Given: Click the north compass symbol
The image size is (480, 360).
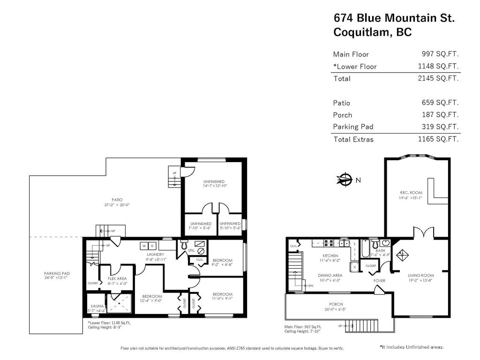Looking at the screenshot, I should click(345, 179).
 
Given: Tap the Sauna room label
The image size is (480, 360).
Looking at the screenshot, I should click(97, 306).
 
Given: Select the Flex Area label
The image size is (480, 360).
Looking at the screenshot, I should click(117, 278).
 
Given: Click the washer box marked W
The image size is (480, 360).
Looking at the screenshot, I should click(144, 246).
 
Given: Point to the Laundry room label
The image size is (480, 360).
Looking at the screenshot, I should click(155, 255).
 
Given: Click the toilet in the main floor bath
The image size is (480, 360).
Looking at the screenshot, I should click(374, 244).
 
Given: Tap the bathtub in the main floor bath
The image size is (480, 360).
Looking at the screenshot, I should click(365, 248).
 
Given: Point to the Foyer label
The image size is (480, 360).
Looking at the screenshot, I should click(379, 281).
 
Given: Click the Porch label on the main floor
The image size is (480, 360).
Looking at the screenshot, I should click(336, 304).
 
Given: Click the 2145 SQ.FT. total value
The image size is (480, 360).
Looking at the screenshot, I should click(438, 78).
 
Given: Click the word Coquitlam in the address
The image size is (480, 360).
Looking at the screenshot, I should click(363, 32).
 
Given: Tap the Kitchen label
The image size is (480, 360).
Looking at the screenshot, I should click(330, 255).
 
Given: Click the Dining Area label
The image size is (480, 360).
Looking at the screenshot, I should click(330, 275).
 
